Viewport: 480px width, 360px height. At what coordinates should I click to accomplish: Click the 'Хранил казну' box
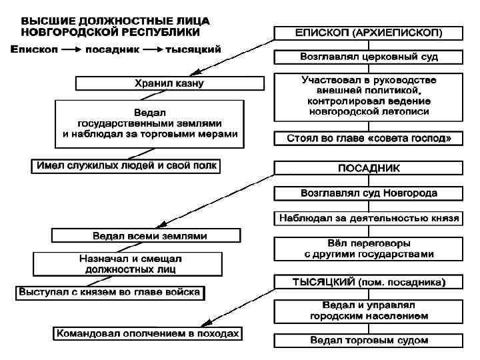click(166, 83)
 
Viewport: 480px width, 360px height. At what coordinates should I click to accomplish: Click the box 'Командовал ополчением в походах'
click(148, 333)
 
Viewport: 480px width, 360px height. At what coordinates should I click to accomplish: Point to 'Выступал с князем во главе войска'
click(111, 292)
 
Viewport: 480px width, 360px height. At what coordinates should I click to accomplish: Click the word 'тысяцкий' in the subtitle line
click(193, 49)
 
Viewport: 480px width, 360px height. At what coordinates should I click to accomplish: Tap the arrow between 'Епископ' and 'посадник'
click(71, 49)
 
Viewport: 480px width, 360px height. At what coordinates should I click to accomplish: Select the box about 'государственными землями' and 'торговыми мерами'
click(149, 123)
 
